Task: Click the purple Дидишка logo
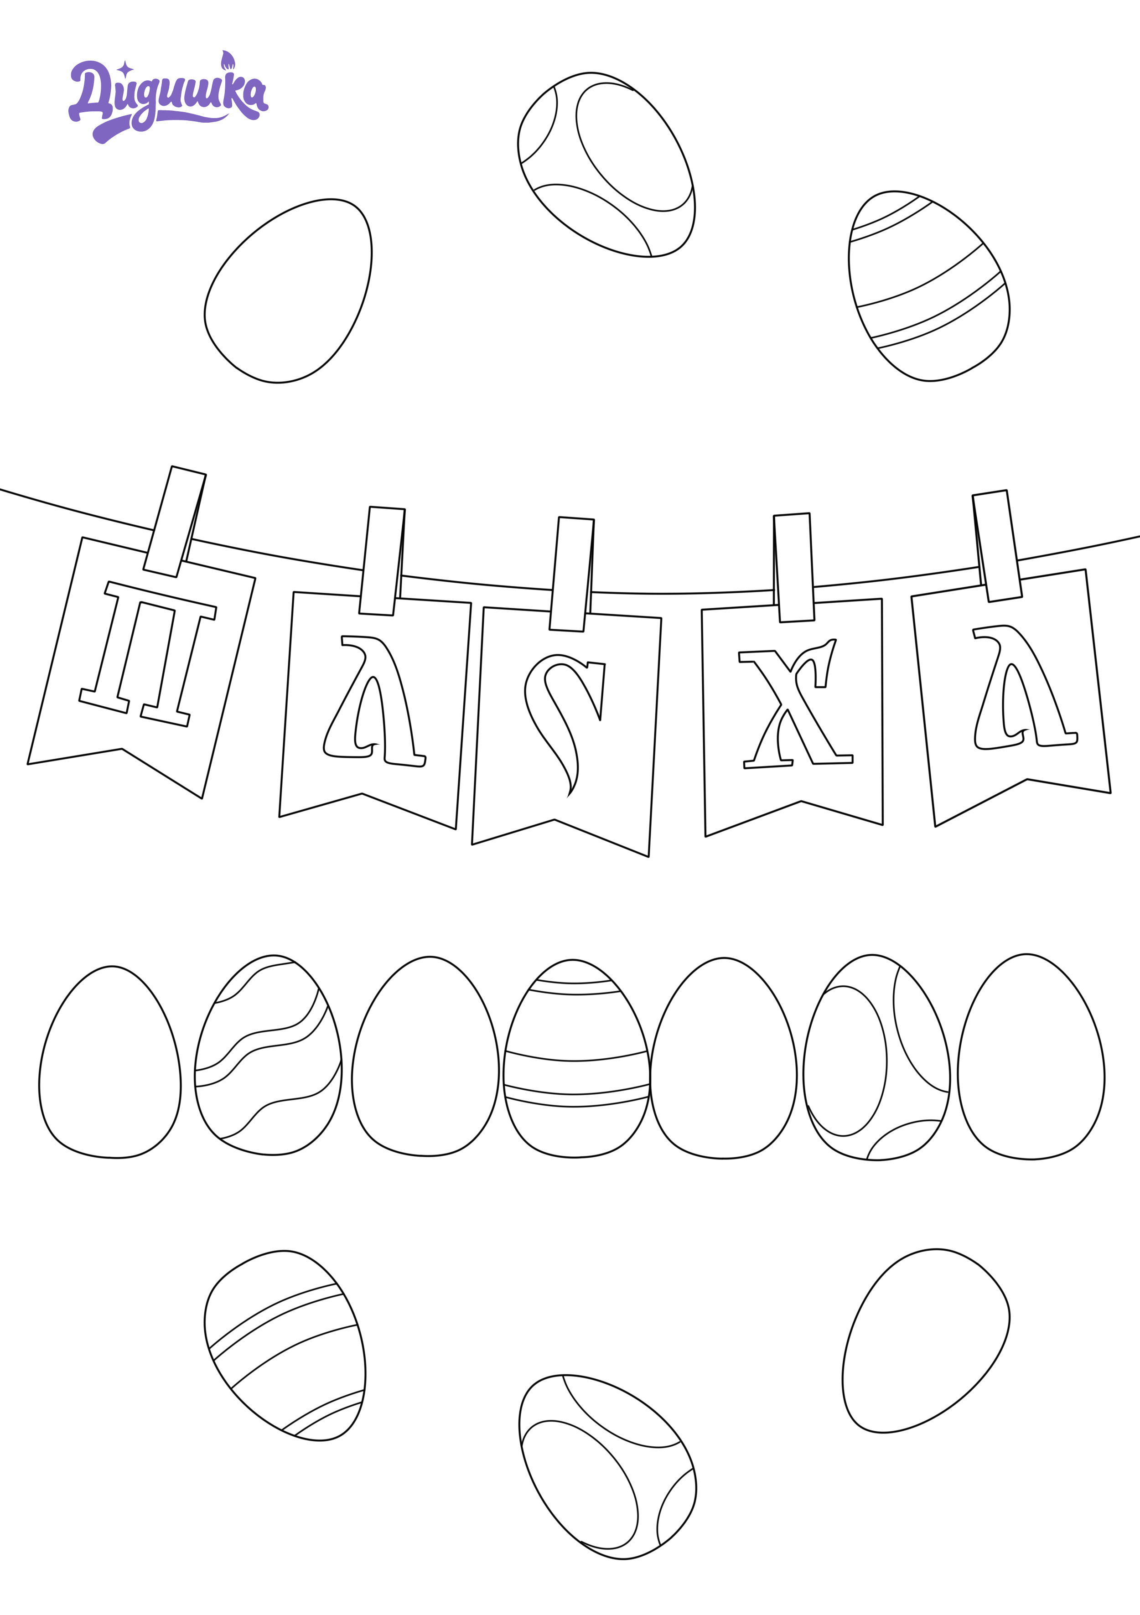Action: [168, 97]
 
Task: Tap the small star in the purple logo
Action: [125, 68]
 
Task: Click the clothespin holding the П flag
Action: [174, 521]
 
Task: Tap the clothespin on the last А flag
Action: [997, 546]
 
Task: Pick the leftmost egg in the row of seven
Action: [110, 1061]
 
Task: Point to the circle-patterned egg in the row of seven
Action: [876, 1057]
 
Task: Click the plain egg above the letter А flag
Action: [288, 290]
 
